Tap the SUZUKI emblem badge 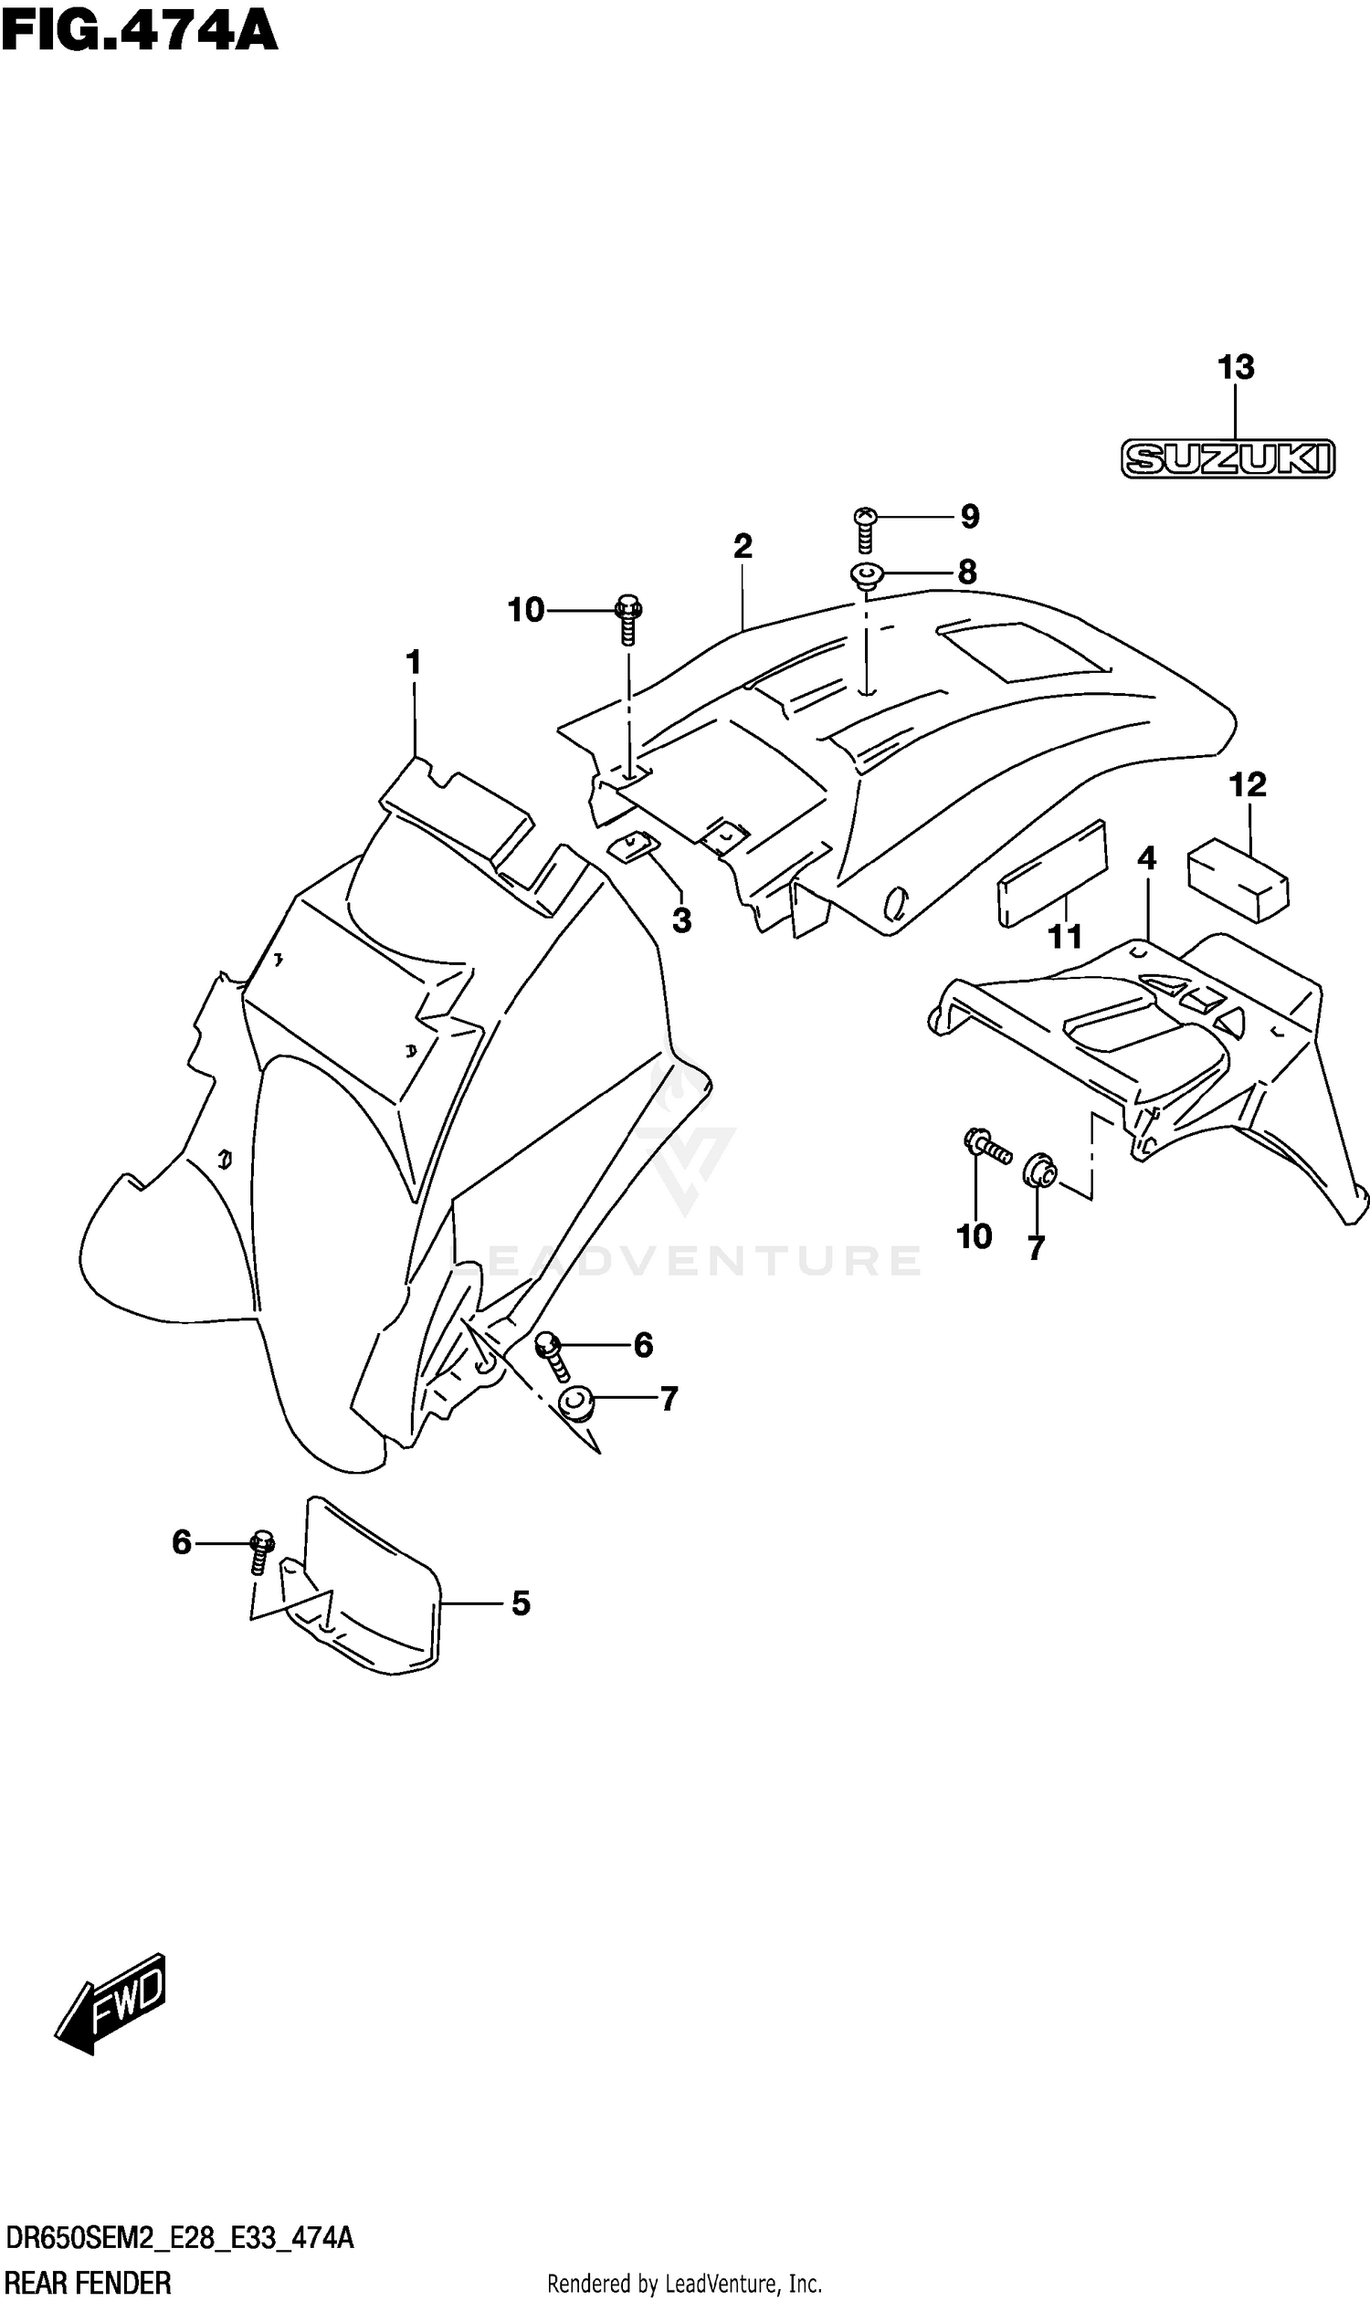click(1227, 458)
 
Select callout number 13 click(1235, 367)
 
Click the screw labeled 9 click(865, 529)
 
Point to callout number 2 click(743, 546)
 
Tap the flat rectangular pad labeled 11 click(1050, 872)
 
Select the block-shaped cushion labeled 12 click(1238, 878)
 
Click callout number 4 click(1145, 858)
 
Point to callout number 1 click(413, 662)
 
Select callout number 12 click(1247, 785)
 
